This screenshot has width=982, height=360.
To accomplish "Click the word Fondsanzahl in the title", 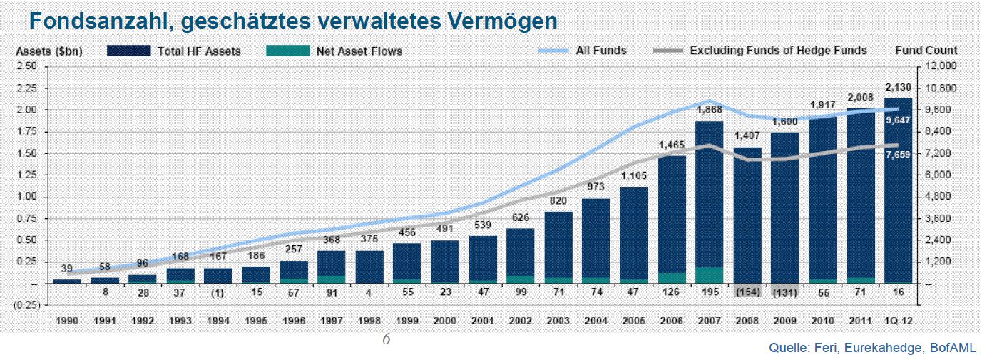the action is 97,21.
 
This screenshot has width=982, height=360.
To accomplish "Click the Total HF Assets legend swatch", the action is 128,51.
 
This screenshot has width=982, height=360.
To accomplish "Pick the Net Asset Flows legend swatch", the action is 287,51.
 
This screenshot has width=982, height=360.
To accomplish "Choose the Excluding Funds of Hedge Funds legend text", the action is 778,51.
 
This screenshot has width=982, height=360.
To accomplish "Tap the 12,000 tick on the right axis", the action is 941,66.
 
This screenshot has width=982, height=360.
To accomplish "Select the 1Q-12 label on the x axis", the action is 899,321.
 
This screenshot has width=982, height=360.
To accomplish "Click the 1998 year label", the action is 369,321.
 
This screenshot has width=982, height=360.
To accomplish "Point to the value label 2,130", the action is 899,87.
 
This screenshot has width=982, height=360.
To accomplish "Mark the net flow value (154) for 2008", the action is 747,292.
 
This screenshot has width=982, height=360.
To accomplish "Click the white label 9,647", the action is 898,120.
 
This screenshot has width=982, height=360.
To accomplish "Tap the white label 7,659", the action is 898,155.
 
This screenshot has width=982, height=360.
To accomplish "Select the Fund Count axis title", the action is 926,51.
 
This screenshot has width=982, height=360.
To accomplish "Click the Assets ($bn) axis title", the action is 49,51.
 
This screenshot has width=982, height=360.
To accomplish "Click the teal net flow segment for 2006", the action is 671,278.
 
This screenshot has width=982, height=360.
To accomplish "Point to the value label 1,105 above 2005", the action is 633,176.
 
